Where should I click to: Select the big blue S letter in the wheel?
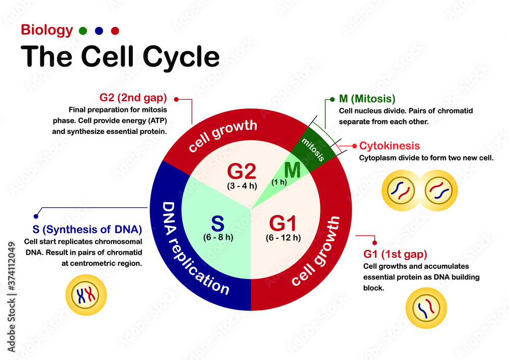click(218, 224)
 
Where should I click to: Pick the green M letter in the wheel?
click(293, 170)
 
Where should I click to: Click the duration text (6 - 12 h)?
click(283, 237)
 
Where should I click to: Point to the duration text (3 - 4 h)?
click(241, 185)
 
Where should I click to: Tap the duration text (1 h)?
click(278, 182)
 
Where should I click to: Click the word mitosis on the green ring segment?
click(314, 149)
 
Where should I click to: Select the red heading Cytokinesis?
click(389, 146)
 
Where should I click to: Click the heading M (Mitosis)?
click(366, 98)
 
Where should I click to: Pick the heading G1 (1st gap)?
click(395, 254)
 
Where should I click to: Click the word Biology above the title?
click(47, 31)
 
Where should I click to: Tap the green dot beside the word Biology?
click(83, 31)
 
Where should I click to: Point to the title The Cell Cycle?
click(120, 57)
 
